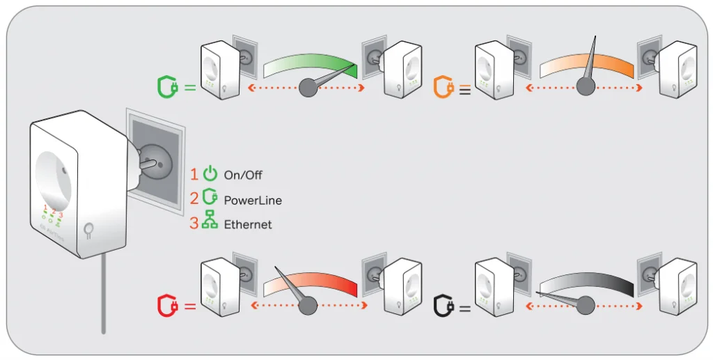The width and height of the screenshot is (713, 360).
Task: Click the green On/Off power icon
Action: pos(210,175)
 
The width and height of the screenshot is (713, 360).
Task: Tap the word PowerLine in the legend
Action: pos(253,201)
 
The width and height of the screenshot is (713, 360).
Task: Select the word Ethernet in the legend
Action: pos(248,225)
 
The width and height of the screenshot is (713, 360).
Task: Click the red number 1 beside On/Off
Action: pos(194,175)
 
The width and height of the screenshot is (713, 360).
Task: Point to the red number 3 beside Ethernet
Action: pos(194,224)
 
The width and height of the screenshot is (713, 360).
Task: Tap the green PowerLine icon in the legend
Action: pos(210,198)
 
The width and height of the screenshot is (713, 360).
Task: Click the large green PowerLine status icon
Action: pos(166,87)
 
